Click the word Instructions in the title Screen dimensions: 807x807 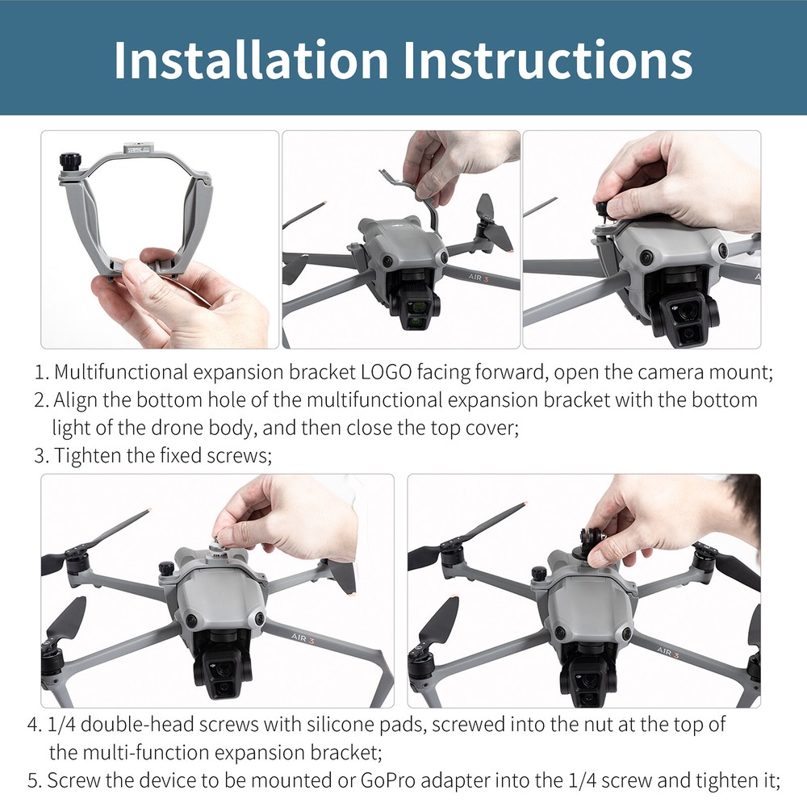click(553, 59)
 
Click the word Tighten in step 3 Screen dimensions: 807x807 click(86, 455)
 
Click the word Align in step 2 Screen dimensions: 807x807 click(73, 400)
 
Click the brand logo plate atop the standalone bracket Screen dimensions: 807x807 click(135, 149)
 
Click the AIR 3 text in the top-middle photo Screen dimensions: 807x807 click(487, 278)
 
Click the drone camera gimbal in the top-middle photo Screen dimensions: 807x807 click(415, 305)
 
